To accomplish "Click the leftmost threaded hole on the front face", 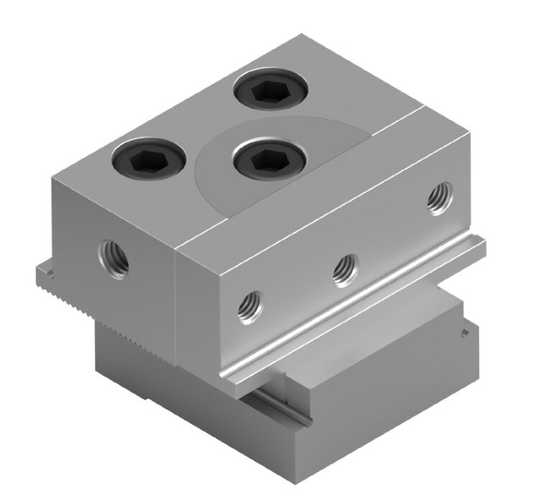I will [250, 305].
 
